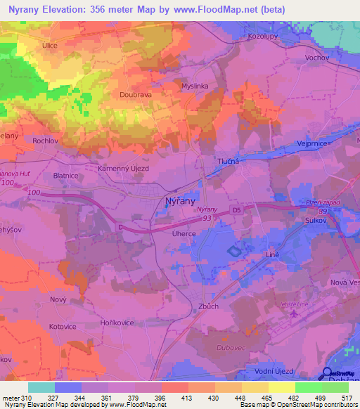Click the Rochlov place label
click(44, 141)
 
